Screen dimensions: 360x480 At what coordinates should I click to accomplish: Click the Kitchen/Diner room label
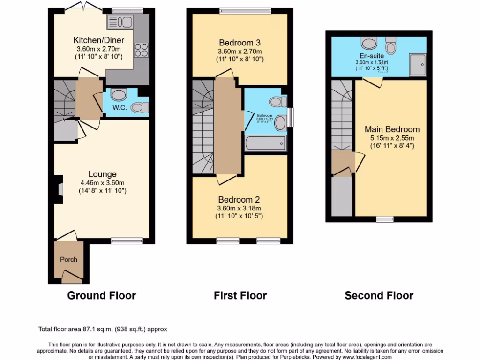(98, 39)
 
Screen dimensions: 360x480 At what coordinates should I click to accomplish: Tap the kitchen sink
(120, 22)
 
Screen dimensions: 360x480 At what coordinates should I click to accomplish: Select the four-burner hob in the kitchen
(141, 49)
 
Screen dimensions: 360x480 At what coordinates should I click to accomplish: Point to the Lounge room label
(102, 174)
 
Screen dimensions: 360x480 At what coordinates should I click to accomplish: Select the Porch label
(68, 259)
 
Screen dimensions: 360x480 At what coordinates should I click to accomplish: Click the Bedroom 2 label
(239, 200)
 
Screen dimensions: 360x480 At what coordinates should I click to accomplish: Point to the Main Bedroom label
(392, 129)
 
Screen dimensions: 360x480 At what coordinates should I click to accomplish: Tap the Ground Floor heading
(101, 295)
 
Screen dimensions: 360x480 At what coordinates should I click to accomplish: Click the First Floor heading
(240, 295)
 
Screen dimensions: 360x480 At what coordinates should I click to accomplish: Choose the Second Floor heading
(379, 295)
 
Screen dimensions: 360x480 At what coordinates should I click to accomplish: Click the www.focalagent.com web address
(364, 357)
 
